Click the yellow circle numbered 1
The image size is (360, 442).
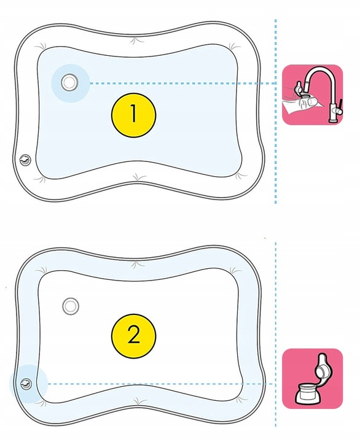pyautogui.click(x=133, y=115)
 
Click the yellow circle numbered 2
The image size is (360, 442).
pyautogui.click(x=133, y=336)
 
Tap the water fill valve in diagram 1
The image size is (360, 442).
pyautogui.click(x=69, y=82)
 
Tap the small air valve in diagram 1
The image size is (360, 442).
pyautogui.click(x=25, y=160)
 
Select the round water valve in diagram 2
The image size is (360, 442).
pyautogui.click(x=70, y=306)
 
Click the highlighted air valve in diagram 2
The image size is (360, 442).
pyautogui.click(x=26, y=384)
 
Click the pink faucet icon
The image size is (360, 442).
pyautogui.click(x=313, y=95)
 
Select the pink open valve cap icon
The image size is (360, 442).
pyautogui.click(x=313, y=378)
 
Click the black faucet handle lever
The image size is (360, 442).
pyautogui.click(x=341, y=104)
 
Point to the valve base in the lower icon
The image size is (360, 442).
pyautogui.click(x=308, y=394)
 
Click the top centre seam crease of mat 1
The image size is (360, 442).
pyautogui.click(x=136, y=41)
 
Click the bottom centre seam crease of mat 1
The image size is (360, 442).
pyautogui.click(x=138, y=177)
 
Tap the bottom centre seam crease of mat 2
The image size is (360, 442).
pyautogui.click(x=138, y=400)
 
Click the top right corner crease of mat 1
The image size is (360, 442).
pyautogui.click(x=233, y=47)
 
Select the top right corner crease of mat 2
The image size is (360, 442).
pyautogui.click(x=235, y=271)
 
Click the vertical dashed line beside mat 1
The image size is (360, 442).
pyautogui.click(x=275, y=111)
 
